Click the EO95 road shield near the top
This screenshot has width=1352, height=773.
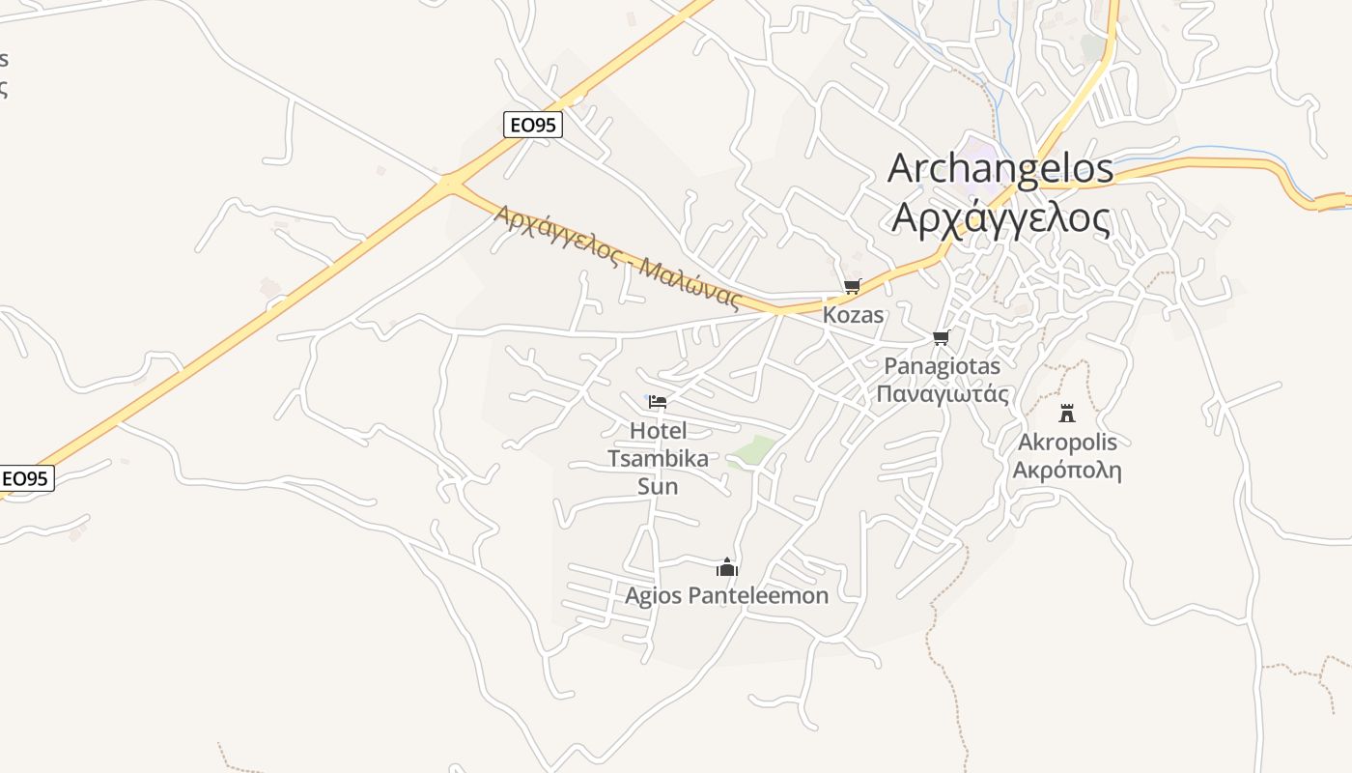point(532,125)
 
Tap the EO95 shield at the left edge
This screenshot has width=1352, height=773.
point(26,478)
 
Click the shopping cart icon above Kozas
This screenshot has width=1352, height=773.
point(852,286)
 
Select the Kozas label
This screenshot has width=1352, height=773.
point(853,315)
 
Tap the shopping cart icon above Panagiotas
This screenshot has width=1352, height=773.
point(942,337)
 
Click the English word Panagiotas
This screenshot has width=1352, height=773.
point(943,366)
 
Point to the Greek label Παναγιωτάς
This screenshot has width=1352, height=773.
point(943,394)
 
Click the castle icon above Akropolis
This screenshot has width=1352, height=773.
point(1067,414)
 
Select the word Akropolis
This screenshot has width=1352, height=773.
point(1067,443)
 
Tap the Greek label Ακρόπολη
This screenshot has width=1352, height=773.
point(1067,471)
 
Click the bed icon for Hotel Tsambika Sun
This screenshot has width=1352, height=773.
point(658,401)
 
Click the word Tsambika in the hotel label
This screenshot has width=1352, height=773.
point(658,458)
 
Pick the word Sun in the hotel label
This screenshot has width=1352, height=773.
point(658,486)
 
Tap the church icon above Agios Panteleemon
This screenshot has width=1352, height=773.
point(727,567)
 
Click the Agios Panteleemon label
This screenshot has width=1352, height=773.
point(727,595)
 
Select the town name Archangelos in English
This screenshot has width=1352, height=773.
point(1000,168)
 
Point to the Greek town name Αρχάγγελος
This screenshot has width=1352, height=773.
point(1000,218)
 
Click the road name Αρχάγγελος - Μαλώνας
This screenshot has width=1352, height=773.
point(617,257)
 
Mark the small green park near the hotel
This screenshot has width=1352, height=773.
point(752,451)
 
